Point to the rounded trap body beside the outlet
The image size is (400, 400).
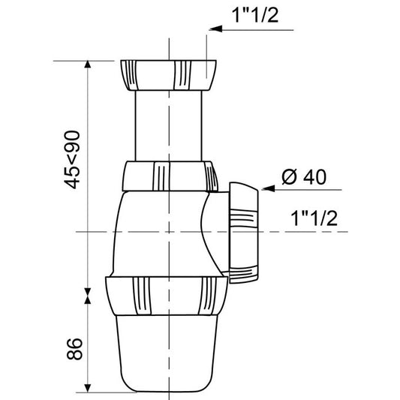pos(150,233)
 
